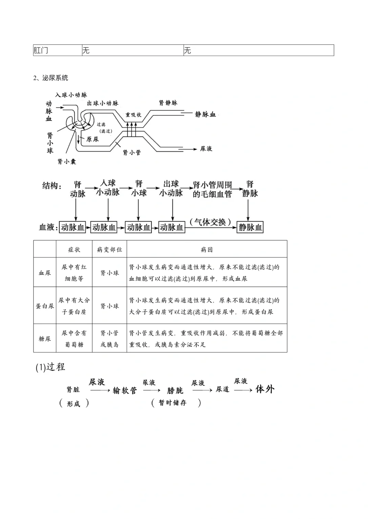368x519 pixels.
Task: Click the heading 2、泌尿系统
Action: [51, 78]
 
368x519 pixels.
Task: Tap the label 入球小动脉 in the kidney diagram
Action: [71, 95]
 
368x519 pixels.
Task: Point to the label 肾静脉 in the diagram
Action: [168, 103]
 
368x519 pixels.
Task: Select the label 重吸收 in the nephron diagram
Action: [133, 115]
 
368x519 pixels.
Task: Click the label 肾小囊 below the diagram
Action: [67, 161]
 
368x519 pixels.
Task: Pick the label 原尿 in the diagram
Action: [92, 139]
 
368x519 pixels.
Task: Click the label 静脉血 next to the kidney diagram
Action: [205, 115]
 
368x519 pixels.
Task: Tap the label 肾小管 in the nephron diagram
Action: [132, 152]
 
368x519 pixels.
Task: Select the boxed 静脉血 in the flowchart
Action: [250, 227]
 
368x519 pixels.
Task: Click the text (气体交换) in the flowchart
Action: [211, 222]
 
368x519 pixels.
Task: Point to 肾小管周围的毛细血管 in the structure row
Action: [212, 189]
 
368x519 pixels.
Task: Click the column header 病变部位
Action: [109, 250]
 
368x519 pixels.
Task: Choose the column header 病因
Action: [206, 250]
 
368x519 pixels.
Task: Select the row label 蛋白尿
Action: [45, 306]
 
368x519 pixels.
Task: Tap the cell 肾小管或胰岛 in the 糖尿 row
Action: [109, 339]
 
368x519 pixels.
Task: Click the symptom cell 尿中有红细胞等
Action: [74, 273]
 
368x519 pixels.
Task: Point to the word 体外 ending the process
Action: [265, 389]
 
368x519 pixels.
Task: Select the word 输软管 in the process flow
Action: [125, 390]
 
